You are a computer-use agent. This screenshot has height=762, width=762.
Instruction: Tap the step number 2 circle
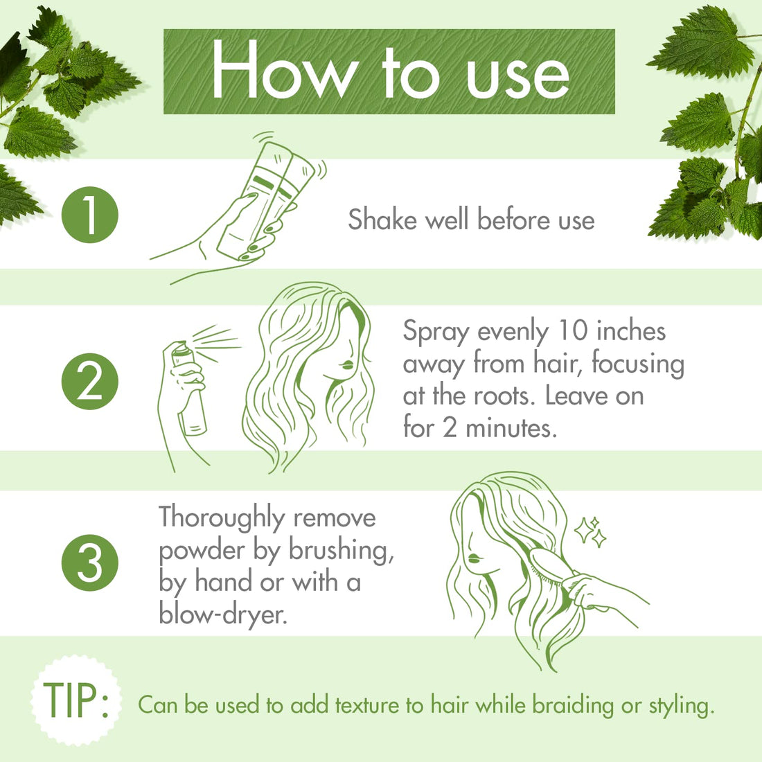pos(90,382)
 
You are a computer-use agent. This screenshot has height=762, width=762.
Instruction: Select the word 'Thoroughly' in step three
pos(222,519)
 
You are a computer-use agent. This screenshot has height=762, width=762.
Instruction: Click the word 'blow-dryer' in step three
pos(222,614)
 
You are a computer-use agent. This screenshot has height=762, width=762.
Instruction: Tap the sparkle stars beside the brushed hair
pos(591,532)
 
